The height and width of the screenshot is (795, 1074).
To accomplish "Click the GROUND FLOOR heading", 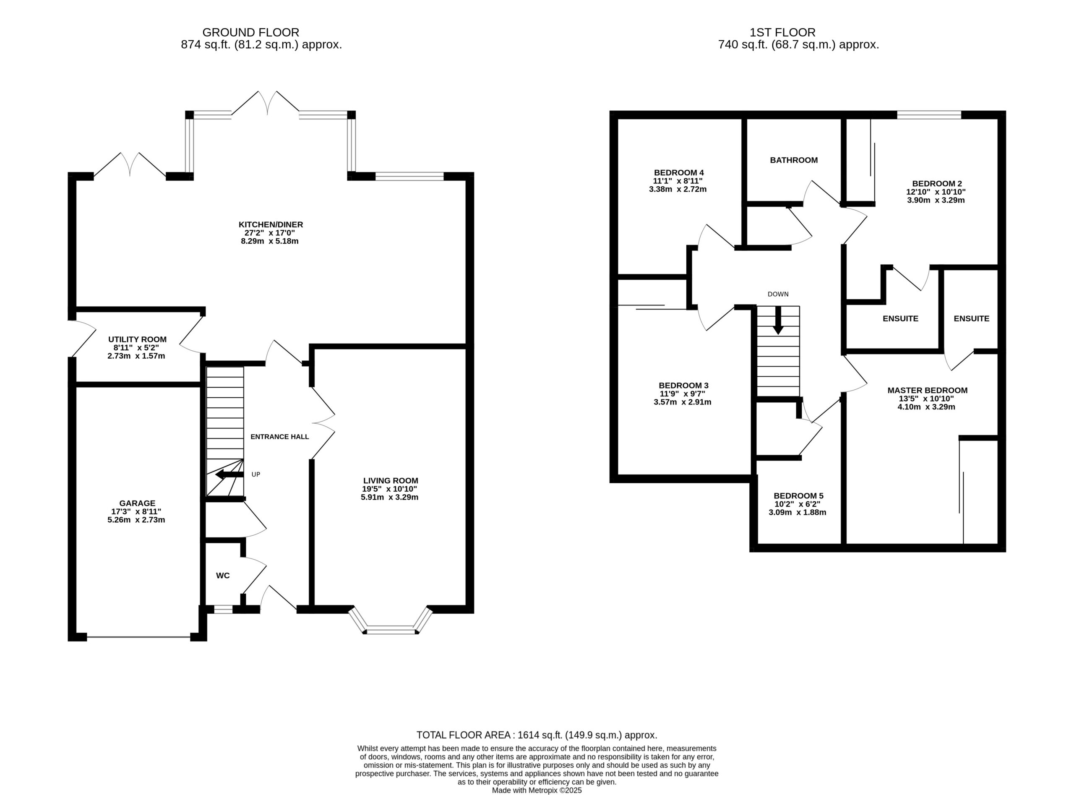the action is (251, 32).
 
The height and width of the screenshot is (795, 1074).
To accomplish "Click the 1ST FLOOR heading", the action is (782, 32).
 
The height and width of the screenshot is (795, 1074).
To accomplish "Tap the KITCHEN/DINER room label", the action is (271, 224).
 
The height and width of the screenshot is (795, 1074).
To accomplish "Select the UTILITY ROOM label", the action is (137, 339).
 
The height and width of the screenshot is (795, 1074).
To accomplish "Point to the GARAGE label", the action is (137, 503).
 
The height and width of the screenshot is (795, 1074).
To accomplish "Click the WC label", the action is (223, 576).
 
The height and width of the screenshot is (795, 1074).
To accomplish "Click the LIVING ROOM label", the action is (391, 480).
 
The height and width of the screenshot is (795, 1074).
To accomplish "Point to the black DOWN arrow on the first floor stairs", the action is (778, 320).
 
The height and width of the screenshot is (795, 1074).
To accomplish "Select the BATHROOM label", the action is (794, 160).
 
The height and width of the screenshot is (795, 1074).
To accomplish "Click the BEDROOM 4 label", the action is (679, 172).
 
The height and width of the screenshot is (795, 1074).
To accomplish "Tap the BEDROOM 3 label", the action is (683, 386).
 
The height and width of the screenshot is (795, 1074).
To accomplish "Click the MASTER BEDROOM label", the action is (927, 390).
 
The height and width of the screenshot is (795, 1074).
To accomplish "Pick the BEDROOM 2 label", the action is (937, 183).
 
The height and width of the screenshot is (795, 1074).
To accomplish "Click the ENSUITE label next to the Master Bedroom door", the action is (972, 318).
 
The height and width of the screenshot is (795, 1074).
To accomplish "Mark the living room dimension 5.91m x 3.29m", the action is (390, 497).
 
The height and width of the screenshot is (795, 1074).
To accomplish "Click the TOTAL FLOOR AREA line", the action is (537, 735).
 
